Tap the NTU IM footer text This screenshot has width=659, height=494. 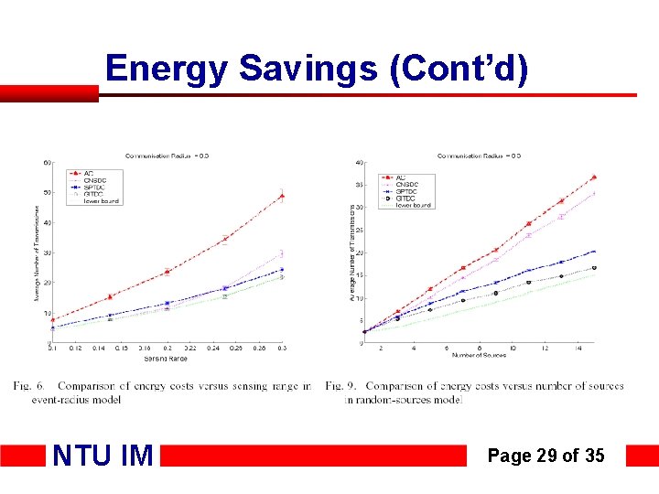tap(102, 455)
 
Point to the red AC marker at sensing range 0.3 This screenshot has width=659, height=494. tap(282, 196)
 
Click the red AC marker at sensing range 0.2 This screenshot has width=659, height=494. tap(167, 271)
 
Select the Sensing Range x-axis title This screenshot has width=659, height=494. tap(167, 357)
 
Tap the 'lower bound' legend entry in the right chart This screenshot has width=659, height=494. tap(413, 205)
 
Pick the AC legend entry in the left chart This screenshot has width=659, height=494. tap(88, 173)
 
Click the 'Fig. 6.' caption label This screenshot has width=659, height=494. tap(28, 386)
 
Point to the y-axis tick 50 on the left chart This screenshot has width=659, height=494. tap(47, 192)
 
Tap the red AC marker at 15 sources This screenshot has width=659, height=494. tap(594, 177)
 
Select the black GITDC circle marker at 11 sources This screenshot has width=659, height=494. tap(528, 283)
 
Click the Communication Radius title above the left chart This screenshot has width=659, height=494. tap(167, 156)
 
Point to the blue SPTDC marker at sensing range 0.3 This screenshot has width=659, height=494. tap(282, 270)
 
